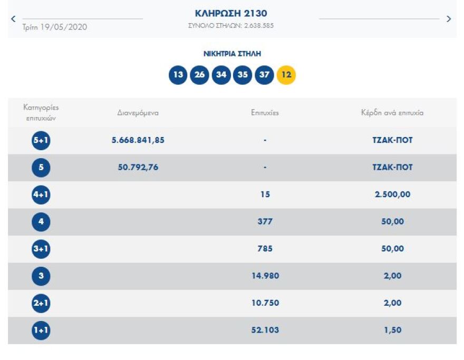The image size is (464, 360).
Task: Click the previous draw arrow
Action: (13, 19)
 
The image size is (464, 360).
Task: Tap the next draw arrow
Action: (449, 19)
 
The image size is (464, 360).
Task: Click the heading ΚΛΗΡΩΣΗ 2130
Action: (231, 13)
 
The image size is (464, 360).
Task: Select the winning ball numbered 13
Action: (178, 75)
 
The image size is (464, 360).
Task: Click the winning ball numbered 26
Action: (199, 75)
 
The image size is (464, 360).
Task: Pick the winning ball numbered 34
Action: (221, 75)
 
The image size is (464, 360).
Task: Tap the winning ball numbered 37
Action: (264, 75)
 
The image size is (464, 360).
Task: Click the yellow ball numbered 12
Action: (286, 75)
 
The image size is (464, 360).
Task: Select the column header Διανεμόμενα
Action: (138, 113)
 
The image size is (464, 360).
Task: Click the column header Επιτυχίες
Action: (265, 113)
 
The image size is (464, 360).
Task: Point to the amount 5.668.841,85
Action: (138, 140)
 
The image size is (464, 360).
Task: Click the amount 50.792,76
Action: (138, 167)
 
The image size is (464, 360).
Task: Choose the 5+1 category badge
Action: (41, 141)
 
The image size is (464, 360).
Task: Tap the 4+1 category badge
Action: (41, 194)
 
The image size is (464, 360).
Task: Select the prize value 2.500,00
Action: (392, 194)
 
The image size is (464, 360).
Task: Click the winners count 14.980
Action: (265, 276)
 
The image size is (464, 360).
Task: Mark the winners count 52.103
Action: (265, 330)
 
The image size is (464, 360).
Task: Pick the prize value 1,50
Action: (392, 330)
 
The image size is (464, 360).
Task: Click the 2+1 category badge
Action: (41, 303)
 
